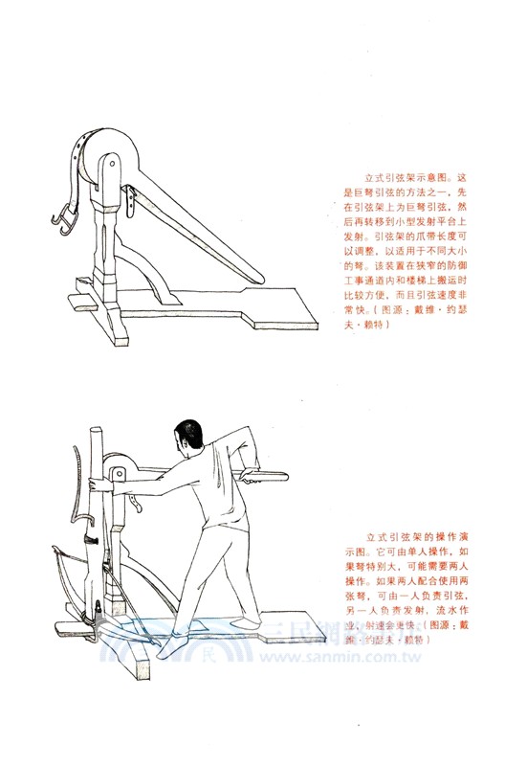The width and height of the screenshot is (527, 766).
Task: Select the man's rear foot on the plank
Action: pos(256,630)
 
